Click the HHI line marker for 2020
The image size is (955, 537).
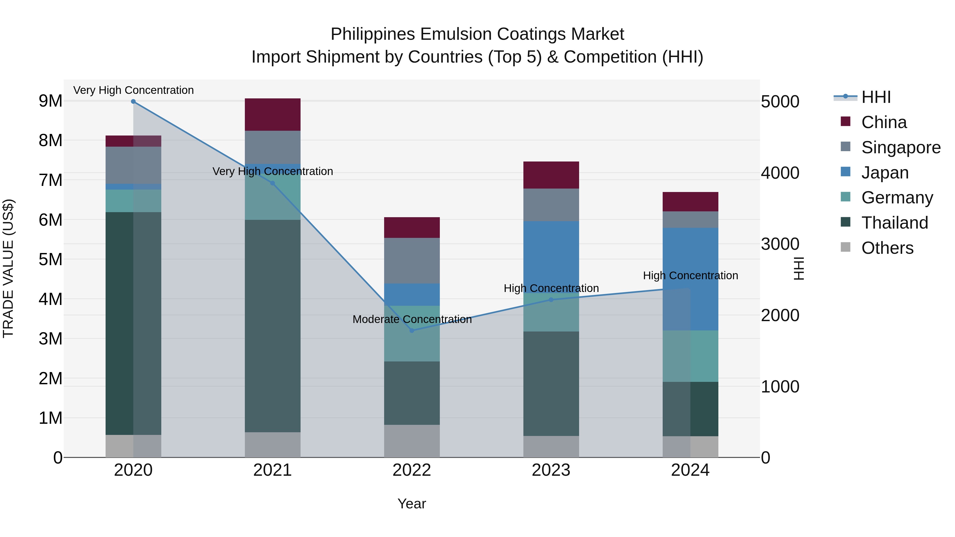pyautogui.click(x=133, y=101)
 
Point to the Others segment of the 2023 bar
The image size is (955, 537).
pyautogui.click(x=551, y=446)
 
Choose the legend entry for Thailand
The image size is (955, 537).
pyautogui.click(x=894, y=223)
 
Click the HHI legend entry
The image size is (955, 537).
pyautogui.click(x=876, y=97)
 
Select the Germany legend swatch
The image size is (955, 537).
pyautogui.click(x=846, y=197)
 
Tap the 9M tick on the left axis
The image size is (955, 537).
pyautogui.click(x=50, y=101)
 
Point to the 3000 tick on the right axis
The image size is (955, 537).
pyautogui.click(x=780, y=244)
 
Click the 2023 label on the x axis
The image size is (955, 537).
pyautogui.click(x=551, y=470)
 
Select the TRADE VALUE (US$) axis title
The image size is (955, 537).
pyautogui.click(x=8, y=268)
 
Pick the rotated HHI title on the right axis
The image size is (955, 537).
pyautogui.click(x=798, y=268)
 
